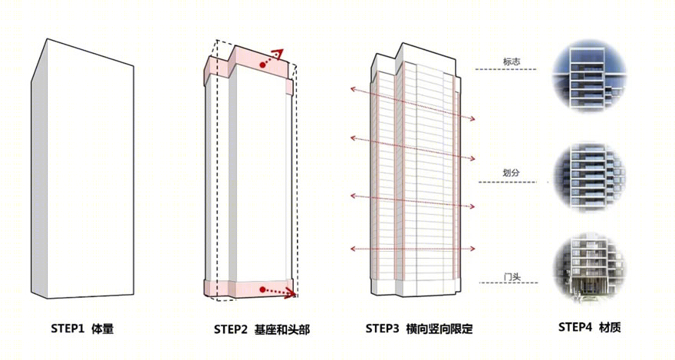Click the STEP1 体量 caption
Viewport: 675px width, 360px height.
point(82,329)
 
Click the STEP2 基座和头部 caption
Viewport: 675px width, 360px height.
point(262,330)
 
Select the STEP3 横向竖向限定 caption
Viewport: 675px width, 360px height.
point(420,329)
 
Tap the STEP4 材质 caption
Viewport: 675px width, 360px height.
point(590,327)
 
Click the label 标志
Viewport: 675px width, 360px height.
point(512,61)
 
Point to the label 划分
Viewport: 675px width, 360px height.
point(511,173)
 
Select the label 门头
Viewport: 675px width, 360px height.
point(512,276)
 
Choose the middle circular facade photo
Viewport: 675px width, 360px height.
point(590,177)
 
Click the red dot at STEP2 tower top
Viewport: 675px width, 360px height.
point(262,64)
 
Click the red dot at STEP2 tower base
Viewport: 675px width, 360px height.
point(262,290)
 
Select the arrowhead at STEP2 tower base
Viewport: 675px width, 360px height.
point(292,294)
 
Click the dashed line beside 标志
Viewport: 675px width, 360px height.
point(505,69)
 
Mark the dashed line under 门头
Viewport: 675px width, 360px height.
point(509,283)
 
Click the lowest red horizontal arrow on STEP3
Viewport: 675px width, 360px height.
point(413,249)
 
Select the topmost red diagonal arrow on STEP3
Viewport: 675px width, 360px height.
point(413,104)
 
